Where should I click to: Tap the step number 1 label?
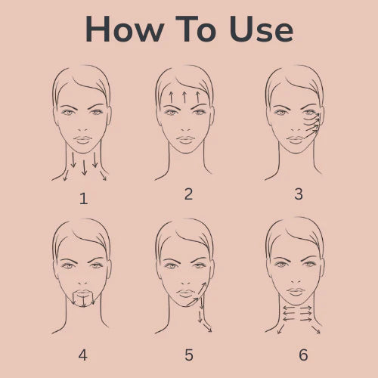(83, 199)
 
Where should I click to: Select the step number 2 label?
(188, 194)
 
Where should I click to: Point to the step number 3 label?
(298, 194)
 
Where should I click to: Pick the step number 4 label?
(83, 353)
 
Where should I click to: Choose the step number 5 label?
(189, 353)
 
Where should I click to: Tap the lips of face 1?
(82, 141)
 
